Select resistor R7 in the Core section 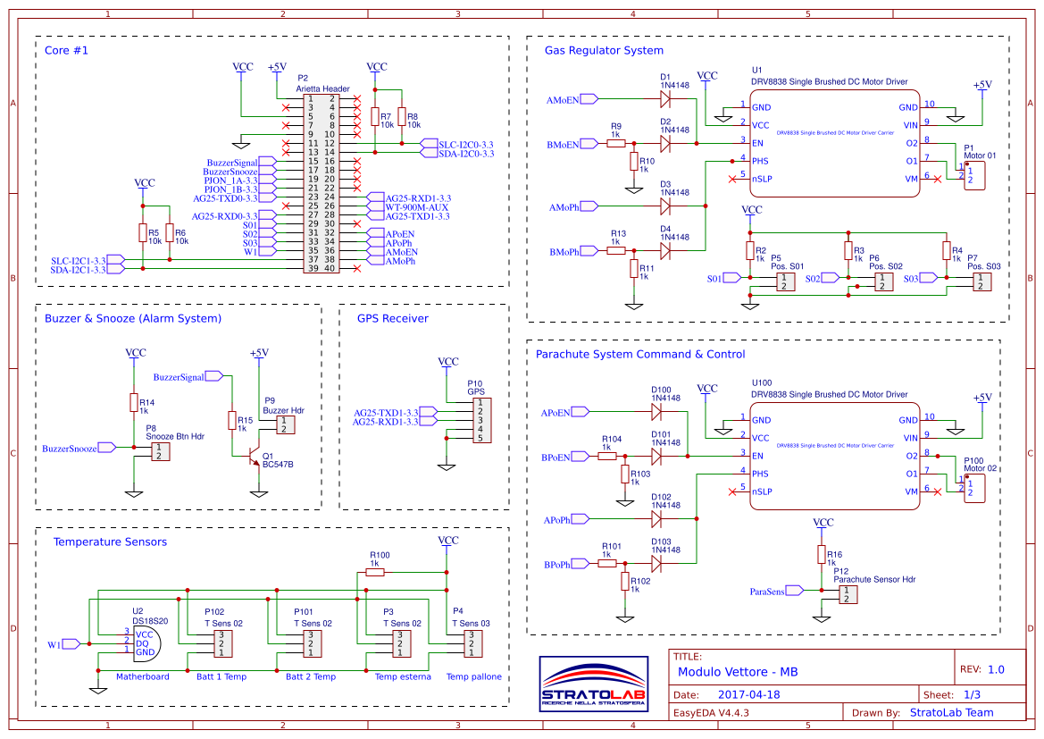[374, 117]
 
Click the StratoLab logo [593, 685]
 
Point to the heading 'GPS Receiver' [392, 319]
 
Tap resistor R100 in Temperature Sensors [375, 573]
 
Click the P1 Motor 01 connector [973, 172]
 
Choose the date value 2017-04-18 [748, 694]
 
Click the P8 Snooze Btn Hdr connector [159, 451]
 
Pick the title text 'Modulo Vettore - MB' [738, 671]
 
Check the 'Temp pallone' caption [473, 676]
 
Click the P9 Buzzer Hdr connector [284, 424]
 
